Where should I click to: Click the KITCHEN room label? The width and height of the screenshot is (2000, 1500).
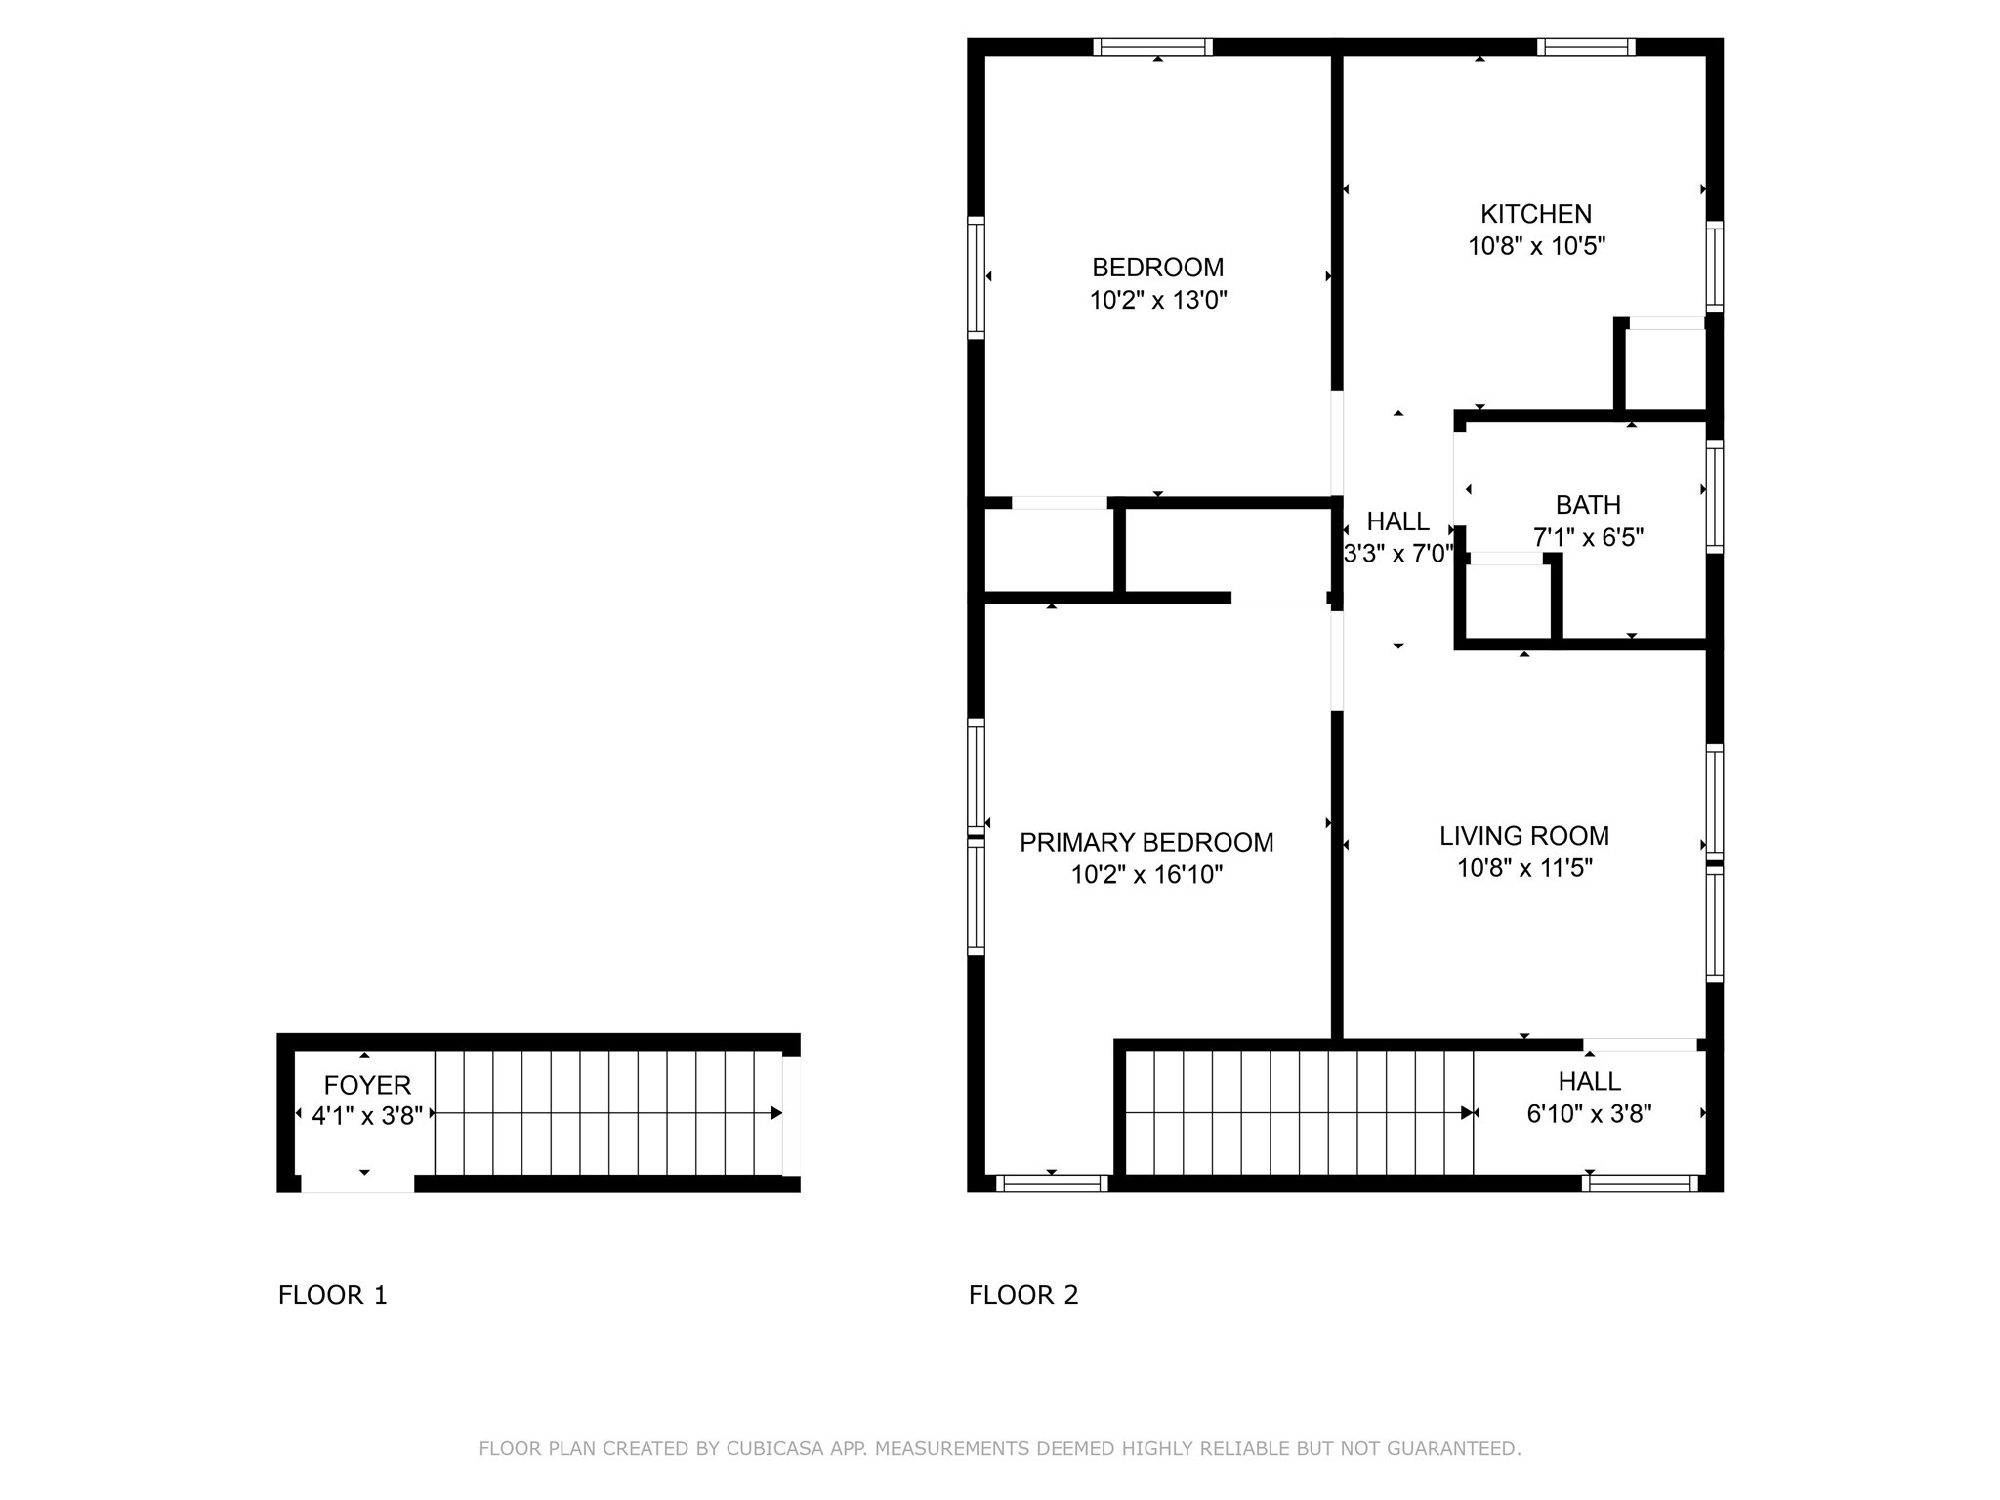[1535, 214]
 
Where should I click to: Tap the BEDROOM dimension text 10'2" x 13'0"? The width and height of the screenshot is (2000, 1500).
[1157, 300]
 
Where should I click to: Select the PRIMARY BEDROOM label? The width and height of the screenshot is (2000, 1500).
[1146, 842]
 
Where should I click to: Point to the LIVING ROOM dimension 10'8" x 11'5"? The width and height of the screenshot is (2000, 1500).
[1524, 868]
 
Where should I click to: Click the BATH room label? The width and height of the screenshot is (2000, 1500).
[1588, 505]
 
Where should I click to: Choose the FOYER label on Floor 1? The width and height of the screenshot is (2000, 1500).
[367, 1085]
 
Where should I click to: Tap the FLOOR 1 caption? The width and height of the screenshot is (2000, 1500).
[332, 1295]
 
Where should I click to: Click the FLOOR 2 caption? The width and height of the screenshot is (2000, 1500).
[1022, 1295]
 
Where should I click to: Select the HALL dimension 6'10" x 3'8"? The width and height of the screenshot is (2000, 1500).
[1589, 1114]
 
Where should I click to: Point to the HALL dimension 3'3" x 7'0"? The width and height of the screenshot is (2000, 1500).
[1398, 554]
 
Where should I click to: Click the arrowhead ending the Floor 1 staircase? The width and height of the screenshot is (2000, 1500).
[775, 1113]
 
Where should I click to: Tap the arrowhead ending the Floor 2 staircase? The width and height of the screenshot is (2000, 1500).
[1467, 1113]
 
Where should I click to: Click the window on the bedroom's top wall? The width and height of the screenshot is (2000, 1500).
[1152, 46]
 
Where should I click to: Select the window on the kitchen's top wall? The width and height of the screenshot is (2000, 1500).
[1586, 46]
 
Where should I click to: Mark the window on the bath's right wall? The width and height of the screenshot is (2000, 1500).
[1714, 496]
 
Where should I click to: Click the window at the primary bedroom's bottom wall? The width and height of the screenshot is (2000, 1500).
[1052, 1184]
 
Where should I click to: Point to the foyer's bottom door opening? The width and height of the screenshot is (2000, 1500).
[357, 1184]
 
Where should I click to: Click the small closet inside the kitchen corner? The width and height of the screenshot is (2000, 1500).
[1665, 368]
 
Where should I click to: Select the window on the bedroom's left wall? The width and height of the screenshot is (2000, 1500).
[976, 277]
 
